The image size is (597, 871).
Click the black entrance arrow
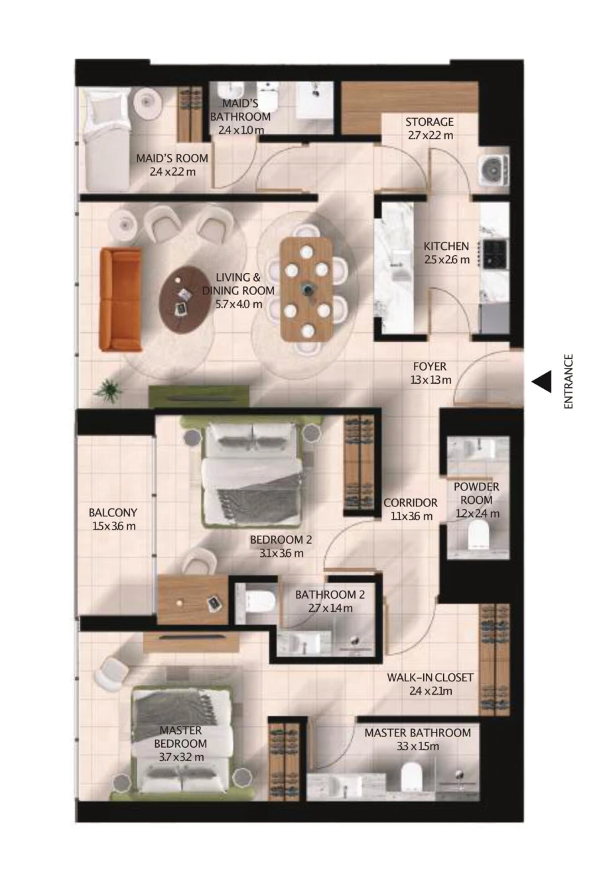[543, 381]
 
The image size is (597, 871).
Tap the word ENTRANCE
[568, 381]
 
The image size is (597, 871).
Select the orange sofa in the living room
[120, 299]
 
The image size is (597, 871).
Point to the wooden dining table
[306, 289]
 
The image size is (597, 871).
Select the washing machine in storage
[494, 170]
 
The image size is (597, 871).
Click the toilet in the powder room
[478, 536]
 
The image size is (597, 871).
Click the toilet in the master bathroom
[412, 776]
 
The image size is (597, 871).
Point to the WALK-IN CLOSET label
[430, 677]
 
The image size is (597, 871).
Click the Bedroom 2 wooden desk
[192, 599]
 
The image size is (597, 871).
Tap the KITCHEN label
[446, 246]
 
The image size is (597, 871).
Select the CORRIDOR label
[410, 502]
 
